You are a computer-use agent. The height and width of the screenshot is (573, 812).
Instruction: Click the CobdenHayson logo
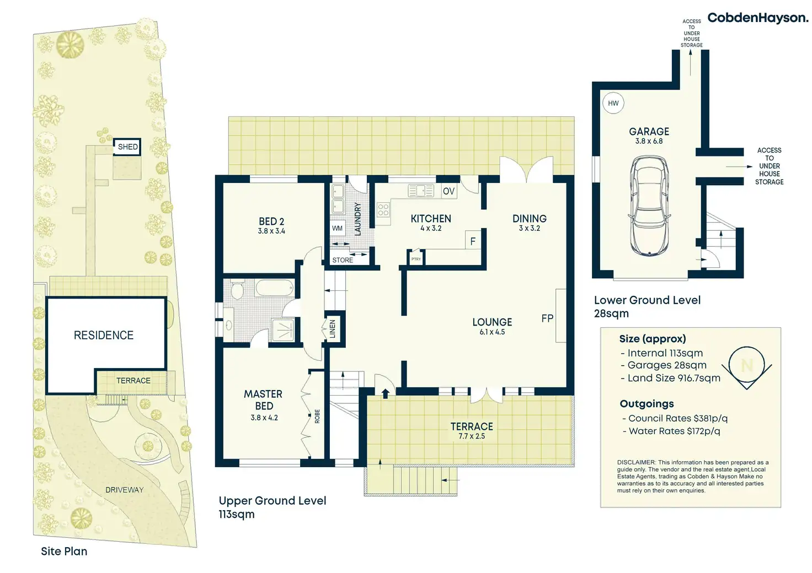757,18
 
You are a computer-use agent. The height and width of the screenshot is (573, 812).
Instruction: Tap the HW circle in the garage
613,103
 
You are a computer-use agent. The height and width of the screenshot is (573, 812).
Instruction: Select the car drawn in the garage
649,206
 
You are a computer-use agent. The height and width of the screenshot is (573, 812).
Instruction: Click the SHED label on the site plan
127,147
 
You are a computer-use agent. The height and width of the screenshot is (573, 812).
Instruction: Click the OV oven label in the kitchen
448,191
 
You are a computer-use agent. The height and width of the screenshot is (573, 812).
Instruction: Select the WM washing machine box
337,229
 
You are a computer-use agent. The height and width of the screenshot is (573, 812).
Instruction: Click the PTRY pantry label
416,259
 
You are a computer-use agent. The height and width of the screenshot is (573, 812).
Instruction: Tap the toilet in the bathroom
238,291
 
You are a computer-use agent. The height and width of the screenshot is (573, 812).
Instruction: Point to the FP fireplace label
547,318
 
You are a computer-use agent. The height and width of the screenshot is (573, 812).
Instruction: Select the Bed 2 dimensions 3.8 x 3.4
271,231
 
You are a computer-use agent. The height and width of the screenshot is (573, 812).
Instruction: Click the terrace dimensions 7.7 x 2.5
472,436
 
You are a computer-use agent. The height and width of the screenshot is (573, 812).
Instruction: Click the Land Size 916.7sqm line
671,379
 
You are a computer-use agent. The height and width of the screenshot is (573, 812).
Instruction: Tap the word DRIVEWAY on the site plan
124,490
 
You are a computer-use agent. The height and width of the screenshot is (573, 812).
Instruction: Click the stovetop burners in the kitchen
383,209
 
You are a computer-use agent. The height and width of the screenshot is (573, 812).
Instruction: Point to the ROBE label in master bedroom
317,417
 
